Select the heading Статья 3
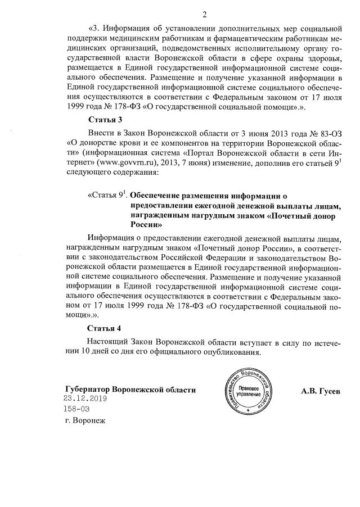pos(105,120)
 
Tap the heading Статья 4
pos(105,328)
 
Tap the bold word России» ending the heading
pos(146,223)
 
